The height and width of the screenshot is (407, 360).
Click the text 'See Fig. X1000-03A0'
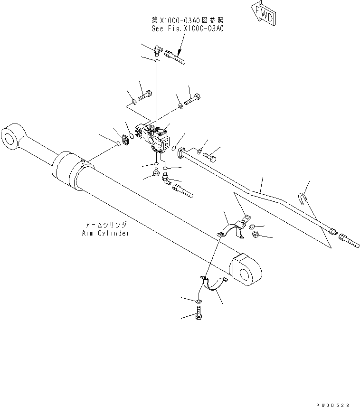tap(187, 28)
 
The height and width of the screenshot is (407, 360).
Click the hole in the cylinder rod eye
tap(9, 137)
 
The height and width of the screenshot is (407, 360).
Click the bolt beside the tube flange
tap(212, 154)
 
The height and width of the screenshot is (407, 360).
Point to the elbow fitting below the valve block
tap(166, 179)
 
